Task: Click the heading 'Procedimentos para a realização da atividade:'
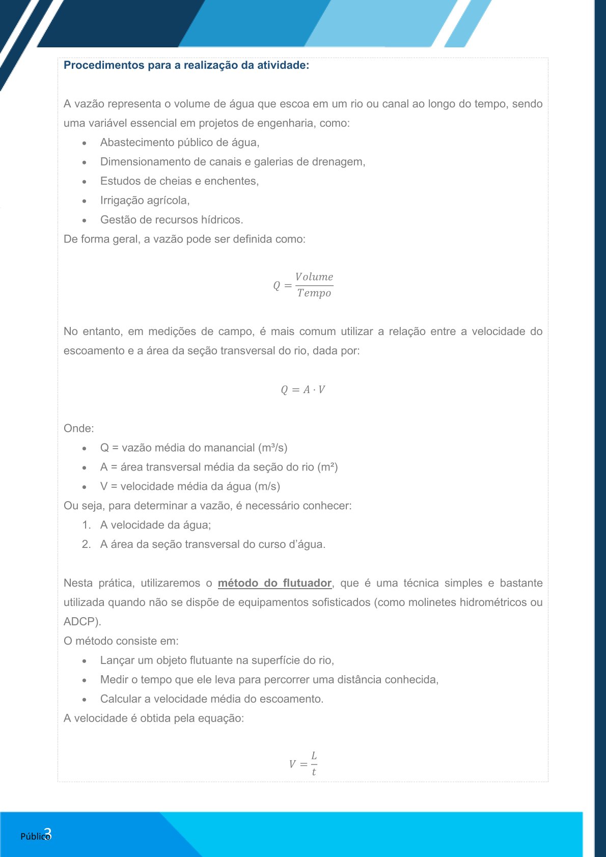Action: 186,65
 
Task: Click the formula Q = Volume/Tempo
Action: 304,285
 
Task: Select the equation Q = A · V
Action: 303,390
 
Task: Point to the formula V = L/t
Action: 304,763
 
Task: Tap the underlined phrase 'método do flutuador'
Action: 274,583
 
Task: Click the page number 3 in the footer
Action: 48,834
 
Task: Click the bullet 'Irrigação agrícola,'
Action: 145,201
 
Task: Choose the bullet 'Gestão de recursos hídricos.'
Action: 172,220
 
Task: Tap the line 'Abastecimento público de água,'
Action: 180,143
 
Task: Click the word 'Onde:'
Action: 79,428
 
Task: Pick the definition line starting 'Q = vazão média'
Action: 194,448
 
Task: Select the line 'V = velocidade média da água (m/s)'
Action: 190,486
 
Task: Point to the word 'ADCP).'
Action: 82,622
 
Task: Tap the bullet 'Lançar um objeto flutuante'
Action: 217,660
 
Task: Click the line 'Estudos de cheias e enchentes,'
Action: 179,181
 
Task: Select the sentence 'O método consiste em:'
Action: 121,641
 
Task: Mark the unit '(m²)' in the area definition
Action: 327,467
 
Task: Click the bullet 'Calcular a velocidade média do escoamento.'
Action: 212,699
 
